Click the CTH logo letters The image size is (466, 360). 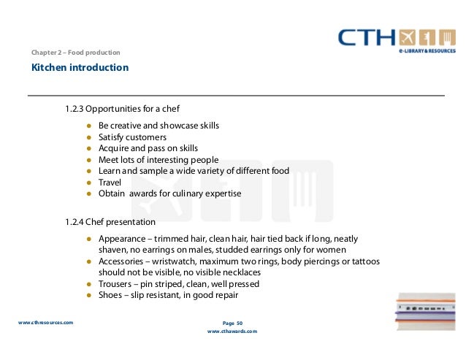[x=368, y=39]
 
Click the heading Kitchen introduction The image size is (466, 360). [x=80, y=68]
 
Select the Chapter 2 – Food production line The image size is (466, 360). [x=75, y=53]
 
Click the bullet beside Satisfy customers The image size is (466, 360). [x=88, y=137]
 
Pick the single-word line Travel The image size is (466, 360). [x=110, y=183]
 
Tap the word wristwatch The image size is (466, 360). [x=182, y=261]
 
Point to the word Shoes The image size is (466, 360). [x=111, y=296]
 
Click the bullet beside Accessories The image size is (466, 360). [x=88, y=261]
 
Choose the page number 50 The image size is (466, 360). [x=238, y=322]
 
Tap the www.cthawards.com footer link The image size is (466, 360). [x=232, y=331]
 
